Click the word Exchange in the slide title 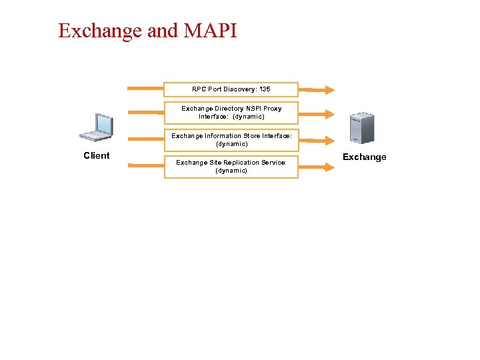click(x=100, y=31)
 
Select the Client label click(x=96, y=155)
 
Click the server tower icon click(x=363, y=129)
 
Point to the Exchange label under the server click(x=364, y=157)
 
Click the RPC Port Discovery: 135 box click(x=231, y=89)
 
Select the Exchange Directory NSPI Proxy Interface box click(x=231, y=113)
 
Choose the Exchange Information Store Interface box click(x=231, y=140)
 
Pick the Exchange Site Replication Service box click(x=231, y=167)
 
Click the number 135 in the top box click(x=265, y=89)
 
